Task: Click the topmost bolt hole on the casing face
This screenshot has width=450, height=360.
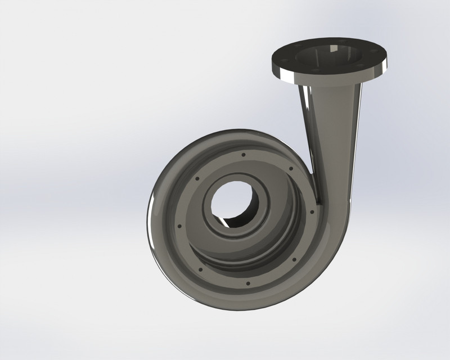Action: point(243,154)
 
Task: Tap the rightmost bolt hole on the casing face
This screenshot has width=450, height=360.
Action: point(313,212)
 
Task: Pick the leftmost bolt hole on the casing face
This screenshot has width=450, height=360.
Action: point(179,226)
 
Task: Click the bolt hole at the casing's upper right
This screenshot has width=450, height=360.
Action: point(290,168)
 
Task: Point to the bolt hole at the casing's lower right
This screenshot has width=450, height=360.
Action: point(294,259)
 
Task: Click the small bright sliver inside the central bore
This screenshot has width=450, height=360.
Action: point(225,222)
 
